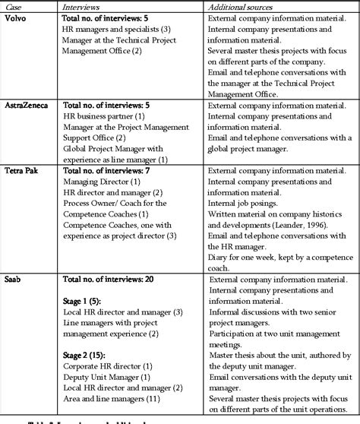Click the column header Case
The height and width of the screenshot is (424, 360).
[13, 7]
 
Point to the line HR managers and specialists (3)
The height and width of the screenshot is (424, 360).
[124, 30]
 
